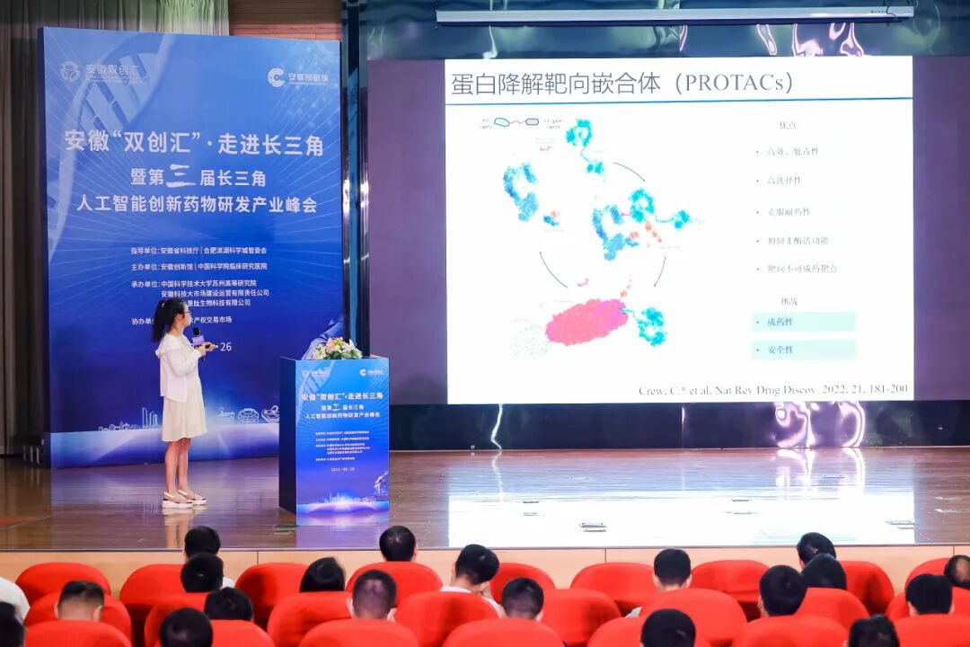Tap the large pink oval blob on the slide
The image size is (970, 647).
click(x=586, y=321)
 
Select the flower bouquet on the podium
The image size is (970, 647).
click(x=337, y=349)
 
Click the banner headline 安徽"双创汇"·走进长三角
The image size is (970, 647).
click(x=193, y=144)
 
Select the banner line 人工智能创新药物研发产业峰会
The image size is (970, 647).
click(x=196, y=205)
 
